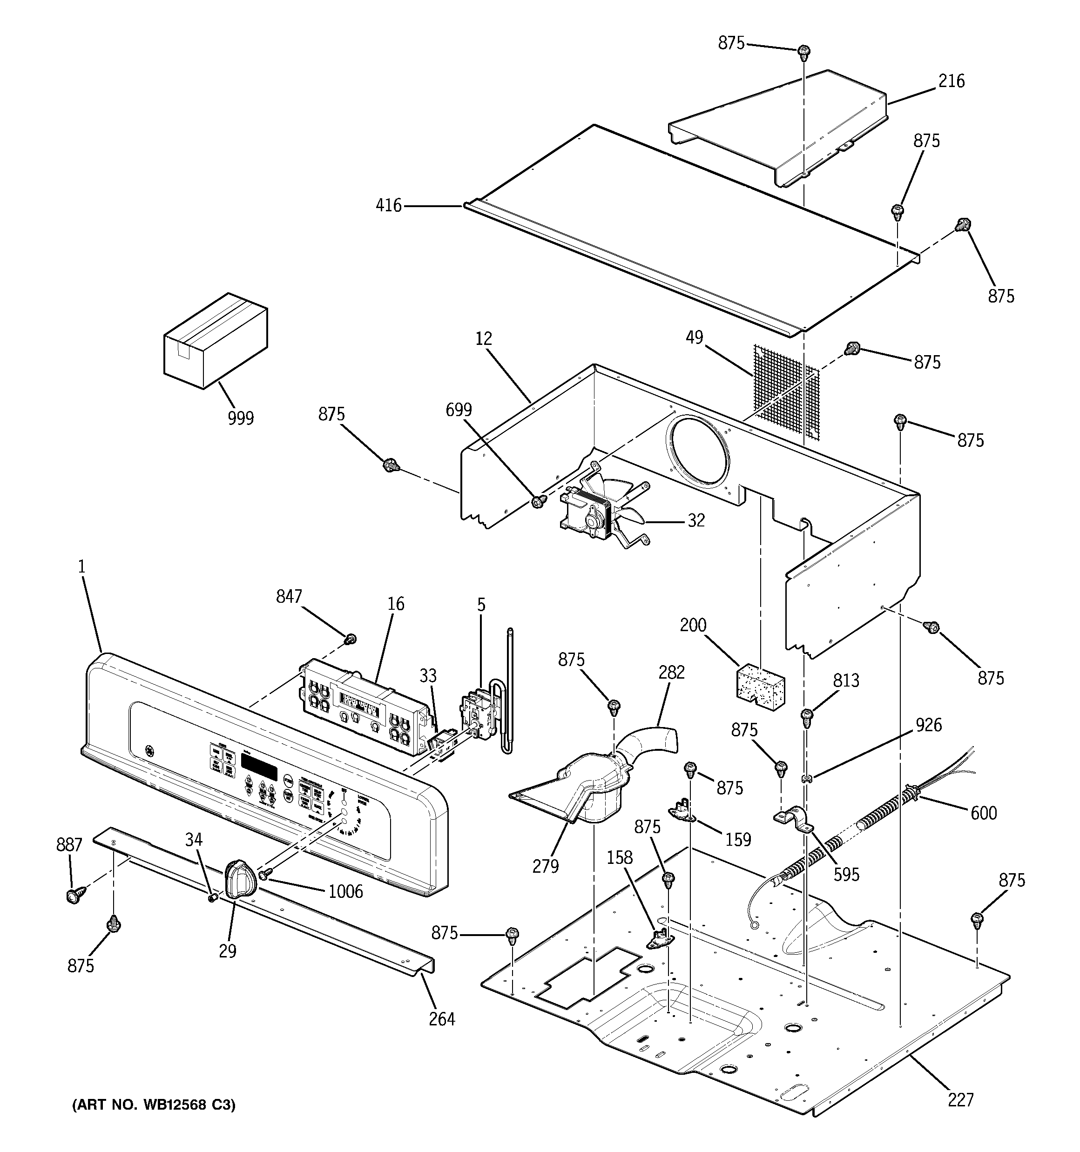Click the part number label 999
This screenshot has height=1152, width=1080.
pyautogui.click(x=240, y=418)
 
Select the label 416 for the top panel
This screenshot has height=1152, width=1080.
pyautogui.click(x=388, y=205)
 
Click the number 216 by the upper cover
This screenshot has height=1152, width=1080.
pyautogui.click(x=952, y=81)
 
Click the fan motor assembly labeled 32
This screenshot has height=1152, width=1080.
pyautogui.click(x=603, y=515)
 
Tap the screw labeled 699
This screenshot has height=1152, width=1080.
pyautogui.click(x=539, y=501)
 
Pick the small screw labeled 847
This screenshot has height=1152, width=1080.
pyautogui.click(x=350, y=640)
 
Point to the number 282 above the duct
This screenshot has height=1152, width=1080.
pyautogui.click(x=671, y=672)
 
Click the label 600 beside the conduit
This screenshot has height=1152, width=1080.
pyautogui.click(x=984, y=813)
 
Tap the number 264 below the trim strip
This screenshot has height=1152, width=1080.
pyautogui.click(x=442, y=1019)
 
